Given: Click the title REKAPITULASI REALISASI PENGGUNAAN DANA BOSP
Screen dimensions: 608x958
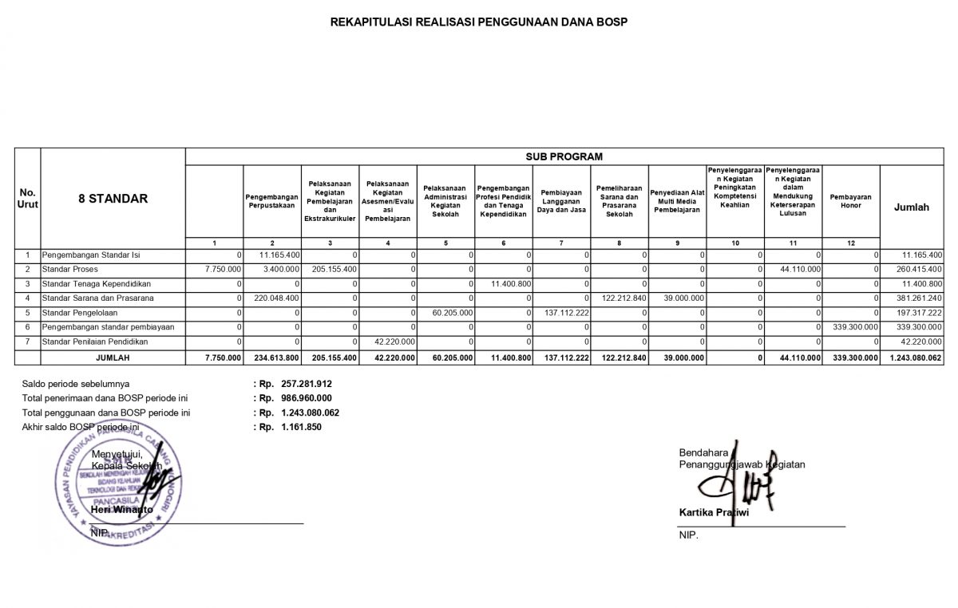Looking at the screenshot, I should coord(479,22).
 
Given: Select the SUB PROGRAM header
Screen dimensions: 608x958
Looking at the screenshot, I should coord(564,156).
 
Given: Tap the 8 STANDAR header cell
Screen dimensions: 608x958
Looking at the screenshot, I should coord(113,199).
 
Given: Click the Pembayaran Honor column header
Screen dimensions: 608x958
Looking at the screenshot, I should coord(850,200).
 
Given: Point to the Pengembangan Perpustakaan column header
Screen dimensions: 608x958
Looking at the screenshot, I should coord(271,200).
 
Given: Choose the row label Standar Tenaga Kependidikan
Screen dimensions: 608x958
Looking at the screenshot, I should coord(97,283).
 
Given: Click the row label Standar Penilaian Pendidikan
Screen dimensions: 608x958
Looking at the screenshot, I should coord(97,342).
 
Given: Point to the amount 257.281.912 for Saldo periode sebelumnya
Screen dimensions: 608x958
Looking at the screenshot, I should coord(307,384).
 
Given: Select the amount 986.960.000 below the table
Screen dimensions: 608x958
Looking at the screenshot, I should coord(307,397).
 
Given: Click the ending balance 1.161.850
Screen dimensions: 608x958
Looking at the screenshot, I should coord(300,427).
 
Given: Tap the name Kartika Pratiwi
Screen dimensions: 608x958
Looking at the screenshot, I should coord(714,512).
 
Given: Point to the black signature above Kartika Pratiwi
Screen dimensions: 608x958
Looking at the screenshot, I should coord(734,479).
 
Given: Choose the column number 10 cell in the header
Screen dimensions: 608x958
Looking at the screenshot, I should coord(735,243).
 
